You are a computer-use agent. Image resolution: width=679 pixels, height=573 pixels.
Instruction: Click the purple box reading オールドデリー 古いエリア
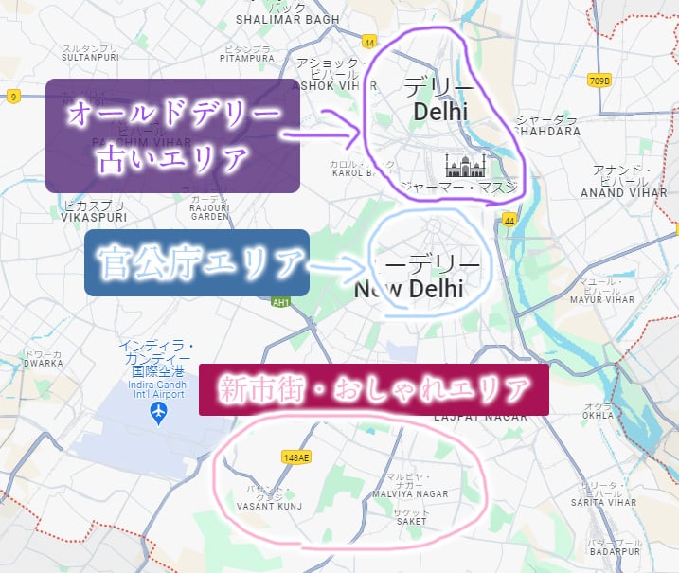point(173,135)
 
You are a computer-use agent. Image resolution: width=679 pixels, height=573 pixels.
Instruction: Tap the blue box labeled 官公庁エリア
point(197,262)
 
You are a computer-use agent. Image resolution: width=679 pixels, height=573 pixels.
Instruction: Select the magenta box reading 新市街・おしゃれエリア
point(373,388)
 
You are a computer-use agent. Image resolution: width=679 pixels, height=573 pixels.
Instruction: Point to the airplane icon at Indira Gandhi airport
point(159,413)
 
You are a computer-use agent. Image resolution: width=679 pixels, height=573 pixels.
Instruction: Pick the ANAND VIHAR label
point(615,192)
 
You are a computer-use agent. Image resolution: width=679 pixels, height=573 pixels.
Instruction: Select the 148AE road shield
point(296,457)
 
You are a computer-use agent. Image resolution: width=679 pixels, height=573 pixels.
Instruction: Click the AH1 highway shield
point(279,302)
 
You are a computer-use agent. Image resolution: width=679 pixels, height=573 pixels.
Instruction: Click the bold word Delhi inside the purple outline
point(440,112)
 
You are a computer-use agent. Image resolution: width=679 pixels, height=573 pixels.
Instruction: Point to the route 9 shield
point(13,97)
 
